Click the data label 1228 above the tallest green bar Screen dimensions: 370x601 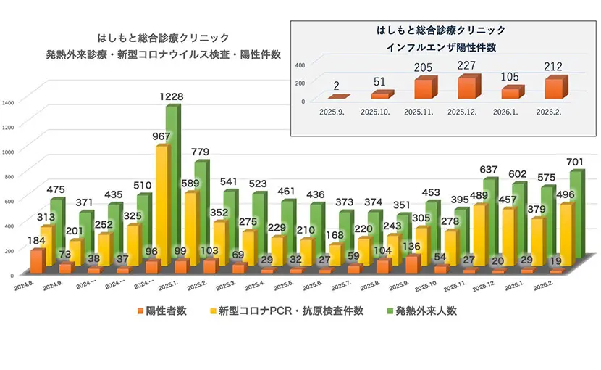(172, 96)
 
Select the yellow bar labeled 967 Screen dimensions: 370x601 (163, 203)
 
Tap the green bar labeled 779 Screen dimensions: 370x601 (201, 210)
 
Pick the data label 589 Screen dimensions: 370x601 (189, 184)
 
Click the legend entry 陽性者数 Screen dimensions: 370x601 (161, 311)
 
